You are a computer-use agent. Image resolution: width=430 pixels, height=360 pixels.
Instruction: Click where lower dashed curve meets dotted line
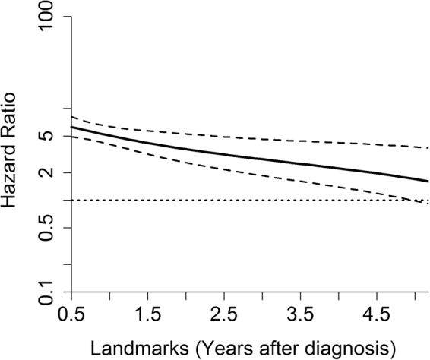[x=416, y=201]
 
